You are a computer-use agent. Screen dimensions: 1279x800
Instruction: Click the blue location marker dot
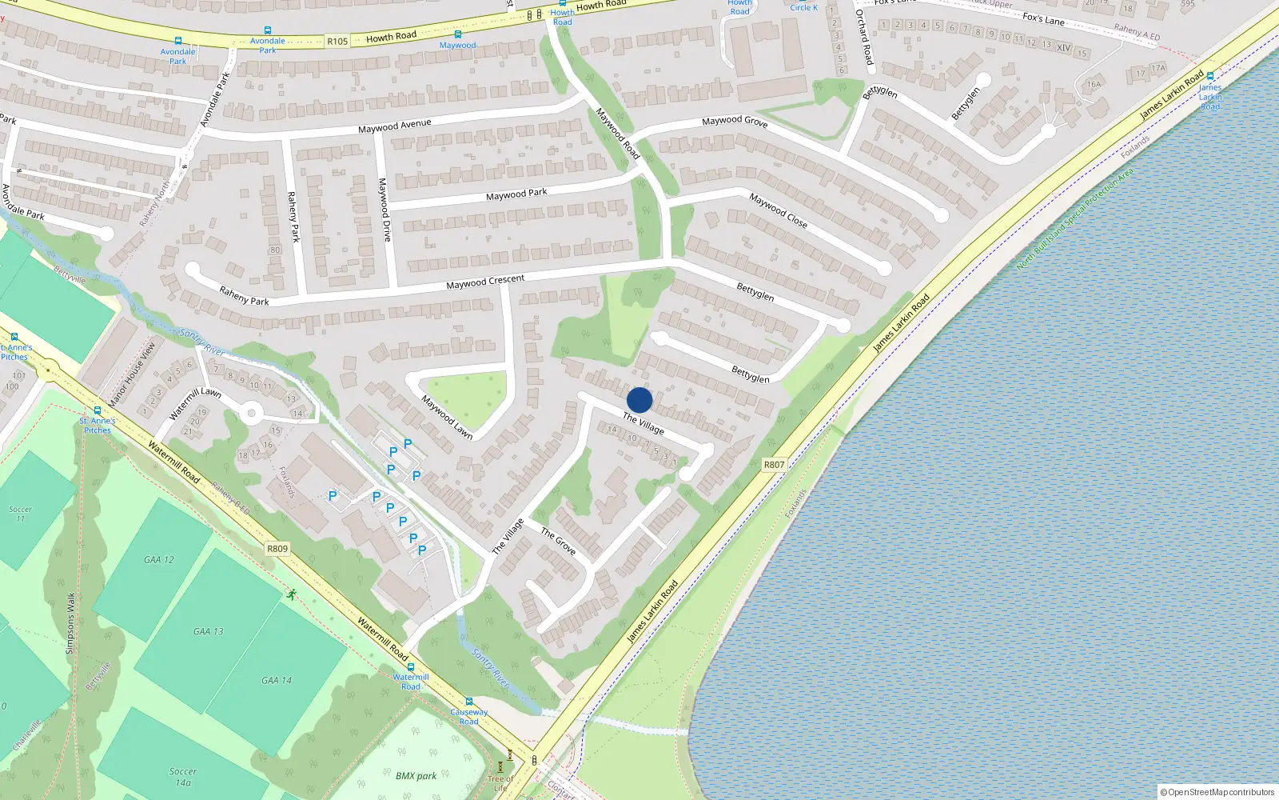click(639, 400)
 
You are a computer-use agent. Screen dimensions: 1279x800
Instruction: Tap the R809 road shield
click(277, 549)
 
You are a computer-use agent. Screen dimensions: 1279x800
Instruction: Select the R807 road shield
click(774, 465)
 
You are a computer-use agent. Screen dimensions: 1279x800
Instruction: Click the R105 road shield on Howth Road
click(337, 42)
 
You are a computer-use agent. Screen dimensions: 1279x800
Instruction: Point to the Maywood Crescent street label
click(485, 282)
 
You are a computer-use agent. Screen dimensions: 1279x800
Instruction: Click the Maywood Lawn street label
click(447, 418)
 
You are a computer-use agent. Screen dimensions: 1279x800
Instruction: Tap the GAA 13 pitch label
click(208, 631)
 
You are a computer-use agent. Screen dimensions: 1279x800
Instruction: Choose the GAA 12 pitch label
click(158, 560)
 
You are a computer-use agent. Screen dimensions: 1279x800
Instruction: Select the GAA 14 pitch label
click(277, 681)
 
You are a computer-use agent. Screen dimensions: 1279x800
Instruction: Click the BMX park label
click(416, 776)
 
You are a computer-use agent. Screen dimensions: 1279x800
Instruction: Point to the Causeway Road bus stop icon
click(469, 702)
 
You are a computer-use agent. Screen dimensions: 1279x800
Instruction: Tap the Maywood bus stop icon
click(457, 35)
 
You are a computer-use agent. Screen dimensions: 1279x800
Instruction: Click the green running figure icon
click(292, 594)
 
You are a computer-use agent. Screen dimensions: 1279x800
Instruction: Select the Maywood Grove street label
click(735, 122)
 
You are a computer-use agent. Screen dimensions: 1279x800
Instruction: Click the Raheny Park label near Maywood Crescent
click(244, 296)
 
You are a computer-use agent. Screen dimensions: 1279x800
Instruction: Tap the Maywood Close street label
click(778, 210)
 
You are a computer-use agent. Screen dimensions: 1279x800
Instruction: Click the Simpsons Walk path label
click(70, 623)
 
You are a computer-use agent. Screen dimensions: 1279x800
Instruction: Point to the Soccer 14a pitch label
click(183, 777)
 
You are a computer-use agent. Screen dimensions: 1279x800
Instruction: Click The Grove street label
click(558, 541)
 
